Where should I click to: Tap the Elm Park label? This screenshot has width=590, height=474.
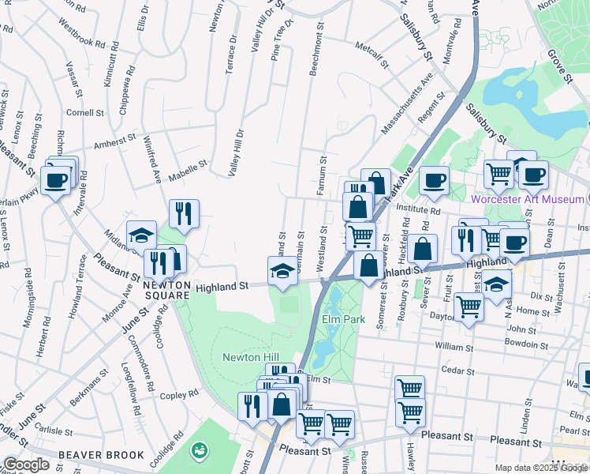tap(341, 320)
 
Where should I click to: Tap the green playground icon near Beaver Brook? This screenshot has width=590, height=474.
tap(200, 450)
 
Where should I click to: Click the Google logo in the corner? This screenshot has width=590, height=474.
tap(26, 465)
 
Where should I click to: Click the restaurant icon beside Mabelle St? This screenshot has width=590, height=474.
tap(184, 213)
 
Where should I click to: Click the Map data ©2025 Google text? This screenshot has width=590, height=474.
tap(540, 468)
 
